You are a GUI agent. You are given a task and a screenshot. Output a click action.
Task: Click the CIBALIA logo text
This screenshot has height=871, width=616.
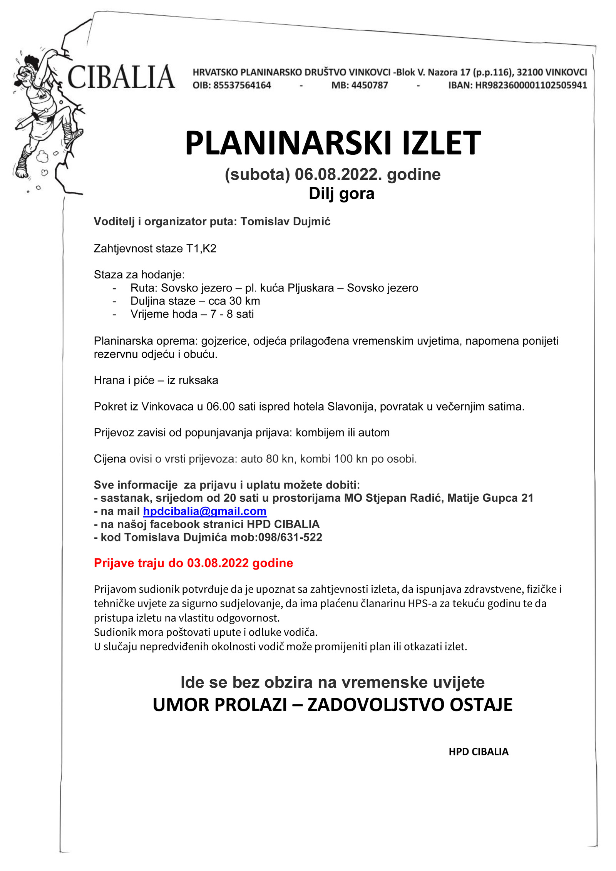[x=121, y=77]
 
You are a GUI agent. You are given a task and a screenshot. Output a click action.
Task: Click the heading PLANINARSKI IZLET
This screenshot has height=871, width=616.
[x=333, y=143]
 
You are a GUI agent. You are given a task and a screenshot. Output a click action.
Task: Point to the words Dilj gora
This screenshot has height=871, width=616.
[x=341, y=193]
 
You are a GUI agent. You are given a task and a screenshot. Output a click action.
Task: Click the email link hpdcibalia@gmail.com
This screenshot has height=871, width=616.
[x=204, y=511]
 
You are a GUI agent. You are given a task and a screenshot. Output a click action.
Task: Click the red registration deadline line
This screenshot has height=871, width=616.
[x=193, y=563]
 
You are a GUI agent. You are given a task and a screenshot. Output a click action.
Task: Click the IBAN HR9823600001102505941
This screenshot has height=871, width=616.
[x=531, y=85]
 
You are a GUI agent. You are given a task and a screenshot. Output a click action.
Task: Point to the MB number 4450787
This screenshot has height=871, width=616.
[x=369, y=85]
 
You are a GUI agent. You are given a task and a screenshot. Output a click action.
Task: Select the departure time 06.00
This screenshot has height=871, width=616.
[x=220, y=406]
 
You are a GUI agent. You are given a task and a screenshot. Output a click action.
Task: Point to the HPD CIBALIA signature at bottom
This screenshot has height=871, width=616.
[x=478, y=751]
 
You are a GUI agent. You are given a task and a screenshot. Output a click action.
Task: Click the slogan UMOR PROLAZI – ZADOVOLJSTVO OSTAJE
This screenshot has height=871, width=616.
[x=333, y=704]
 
